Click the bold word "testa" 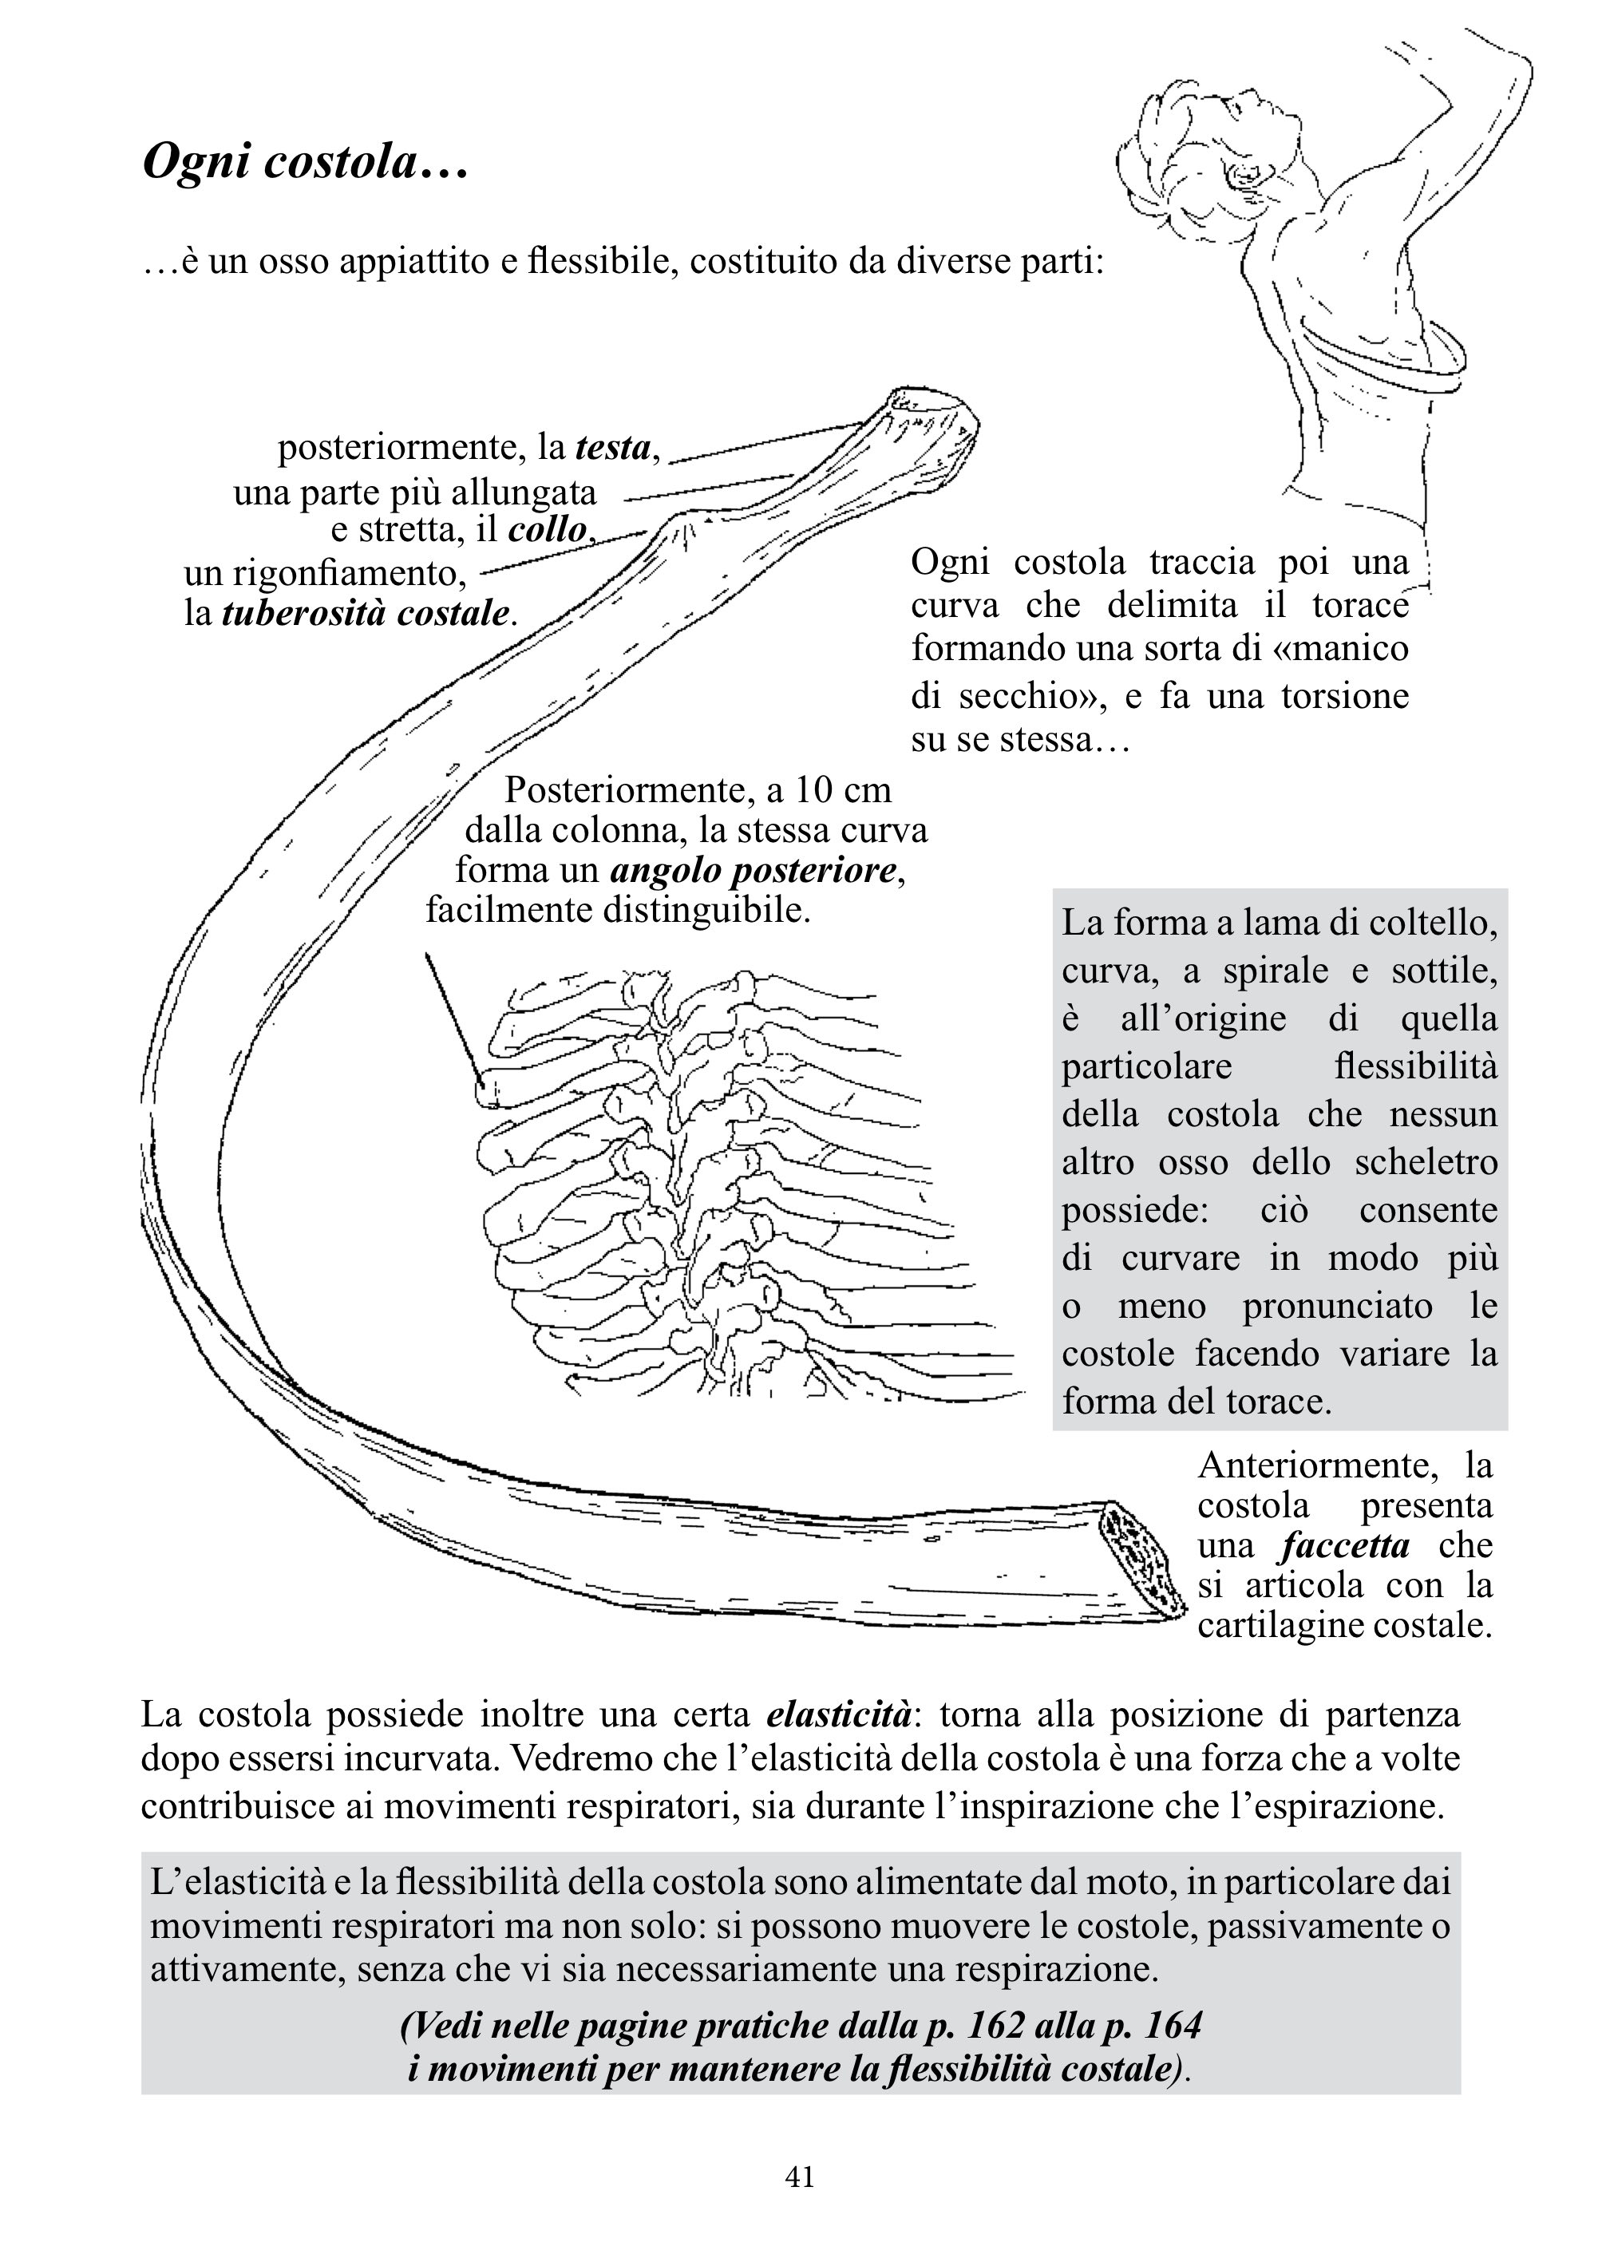tap(612, 448)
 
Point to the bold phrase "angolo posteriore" tap(754, 870)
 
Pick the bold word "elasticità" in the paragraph tap(838, 1714)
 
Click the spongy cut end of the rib tap(1145, 1560)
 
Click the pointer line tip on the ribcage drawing tap(481, 1083)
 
